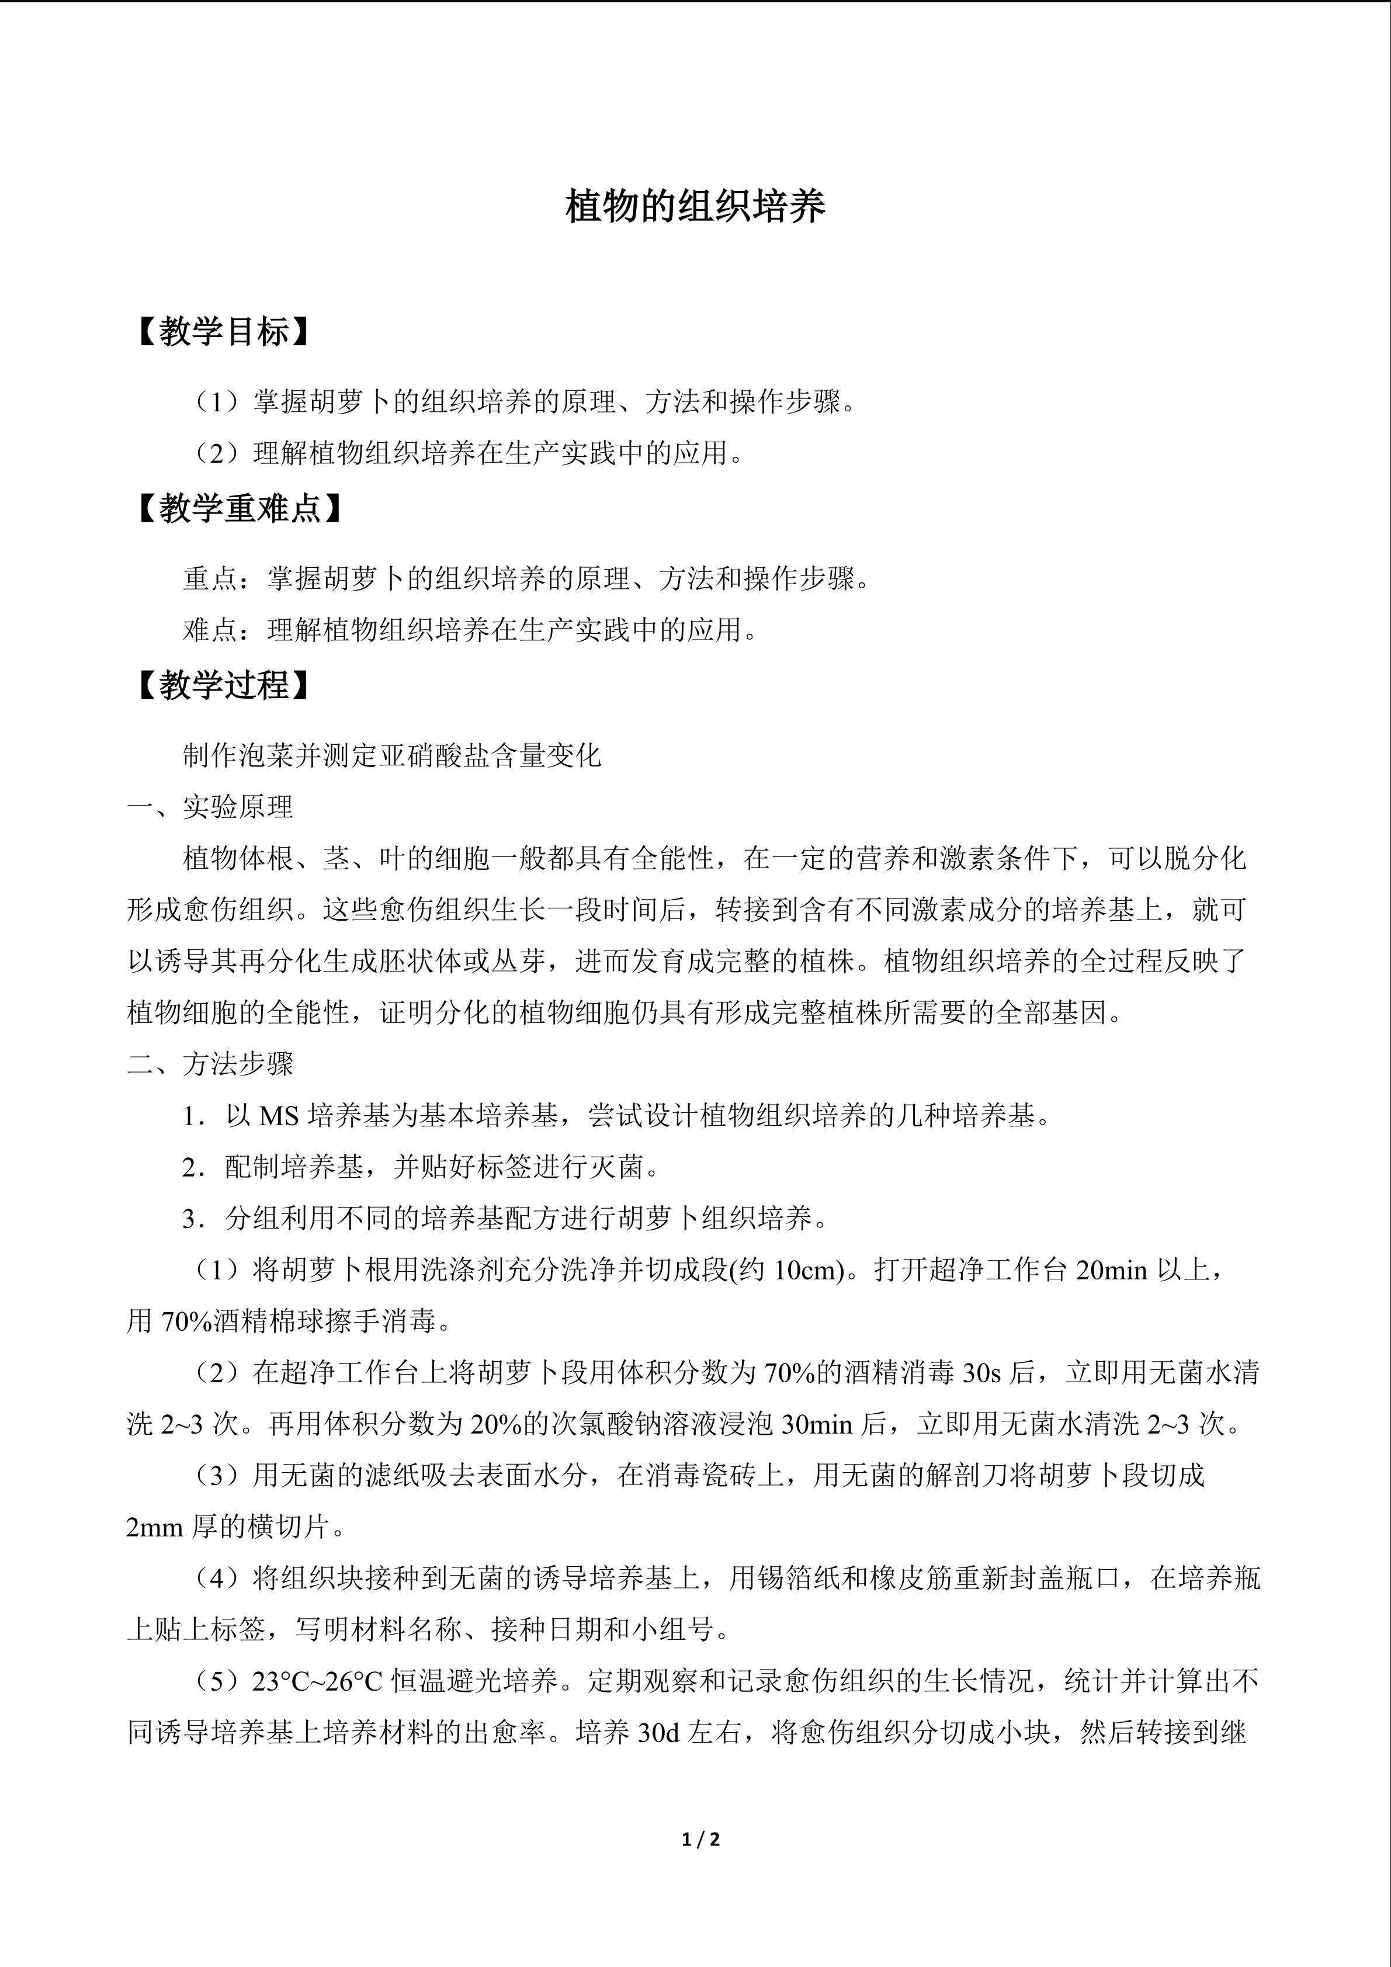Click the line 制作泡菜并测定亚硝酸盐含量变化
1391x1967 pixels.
(x=392, y=755)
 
